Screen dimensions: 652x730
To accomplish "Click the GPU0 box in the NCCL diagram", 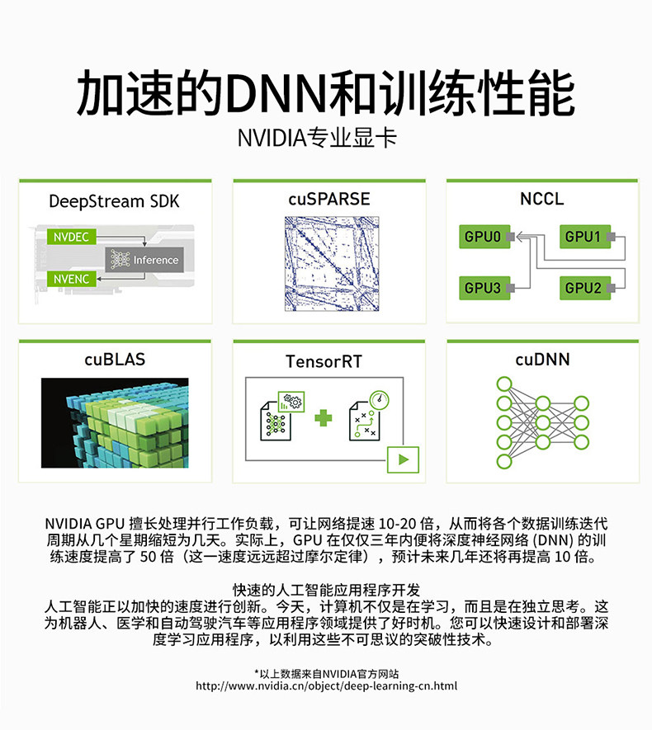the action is coord(483,237).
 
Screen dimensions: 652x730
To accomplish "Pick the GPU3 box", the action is coord(483,287).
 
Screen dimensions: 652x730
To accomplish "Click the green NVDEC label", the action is coord(73,237).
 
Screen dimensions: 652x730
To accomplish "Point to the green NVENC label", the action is coord(73,279).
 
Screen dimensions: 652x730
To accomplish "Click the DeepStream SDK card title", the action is coord(114,201).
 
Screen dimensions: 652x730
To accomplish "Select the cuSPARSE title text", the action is coord(328,199).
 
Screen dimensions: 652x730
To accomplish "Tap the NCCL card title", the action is coord(542,199).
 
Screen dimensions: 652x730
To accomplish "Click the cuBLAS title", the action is coord(114,359).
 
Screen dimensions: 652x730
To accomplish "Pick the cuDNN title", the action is coord(542,359).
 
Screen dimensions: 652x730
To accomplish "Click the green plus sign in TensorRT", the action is coord(323,418).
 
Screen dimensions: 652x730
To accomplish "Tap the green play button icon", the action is coord(403,459).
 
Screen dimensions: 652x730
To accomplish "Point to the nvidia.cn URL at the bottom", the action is coord(326,685).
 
